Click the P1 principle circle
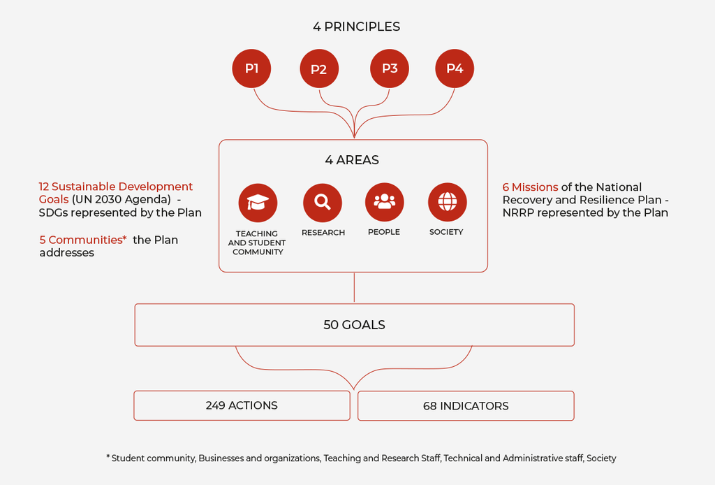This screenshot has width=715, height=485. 251,68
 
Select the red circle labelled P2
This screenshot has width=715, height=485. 319,69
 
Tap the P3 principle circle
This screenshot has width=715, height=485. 390,68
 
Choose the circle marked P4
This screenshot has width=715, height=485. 455,68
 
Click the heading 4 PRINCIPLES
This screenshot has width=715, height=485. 357,27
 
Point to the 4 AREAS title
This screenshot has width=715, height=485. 352,160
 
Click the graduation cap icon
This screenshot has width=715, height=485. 258,203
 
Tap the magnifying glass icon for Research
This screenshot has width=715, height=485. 323,203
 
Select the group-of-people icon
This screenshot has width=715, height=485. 385,202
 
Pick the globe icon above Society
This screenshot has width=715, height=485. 448,202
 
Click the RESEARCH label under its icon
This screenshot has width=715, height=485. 323,232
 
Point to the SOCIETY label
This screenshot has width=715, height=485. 446,232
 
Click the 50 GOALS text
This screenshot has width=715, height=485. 354,325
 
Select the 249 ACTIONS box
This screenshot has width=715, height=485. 242,405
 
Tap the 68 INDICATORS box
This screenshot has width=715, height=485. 466,406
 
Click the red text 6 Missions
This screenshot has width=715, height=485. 531,187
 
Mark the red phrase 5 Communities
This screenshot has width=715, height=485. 83,240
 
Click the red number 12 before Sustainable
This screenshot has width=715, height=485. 44,187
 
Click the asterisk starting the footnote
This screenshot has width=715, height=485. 108,457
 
